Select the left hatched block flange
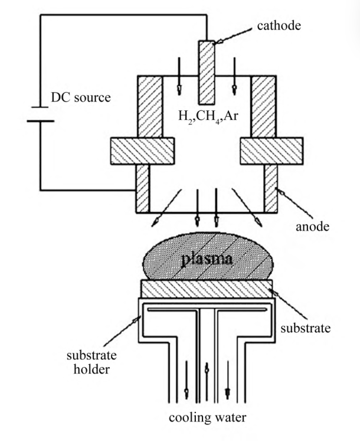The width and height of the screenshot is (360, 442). pos(142,150)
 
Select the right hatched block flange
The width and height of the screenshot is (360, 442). pos(271,150)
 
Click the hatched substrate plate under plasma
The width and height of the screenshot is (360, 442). pos(206,289)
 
